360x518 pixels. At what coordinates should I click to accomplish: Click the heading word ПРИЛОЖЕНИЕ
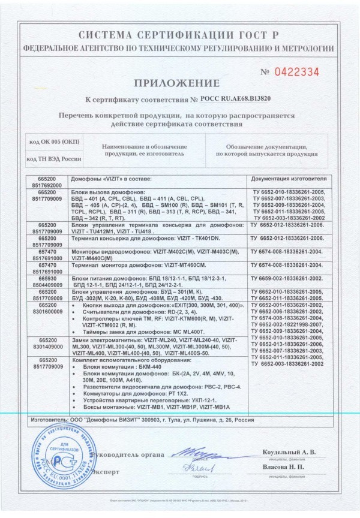coord(180,82)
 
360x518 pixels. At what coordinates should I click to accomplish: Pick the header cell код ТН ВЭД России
coord(53,159)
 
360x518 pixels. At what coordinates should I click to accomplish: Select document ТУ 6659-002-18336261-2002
coord(288,279)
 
